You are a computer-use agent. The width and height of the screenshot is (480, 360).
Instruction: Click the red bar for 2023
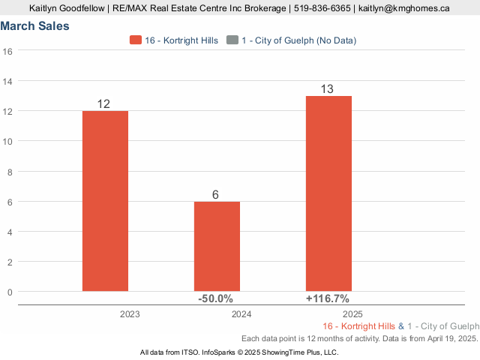tap(105, 201)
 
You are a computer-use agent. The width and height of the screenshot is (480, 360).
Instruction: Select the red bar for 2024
tap(217, 246)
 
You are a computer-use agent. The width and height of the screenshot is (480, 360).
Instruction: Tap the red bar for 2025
tap(328, 193)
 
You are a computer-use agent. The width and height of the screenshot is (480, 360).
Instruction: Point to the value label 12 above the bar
tap(104, 103)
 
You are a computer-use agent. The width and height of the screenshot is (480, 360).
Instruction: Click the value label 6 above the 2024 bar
tap(215, 195)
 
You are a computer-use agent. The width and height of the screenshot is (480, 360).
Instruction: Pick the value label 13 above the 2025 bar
tap(328, 89)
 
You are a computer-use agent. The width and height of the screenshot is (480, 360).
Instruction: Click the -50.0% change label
tap(215, 298)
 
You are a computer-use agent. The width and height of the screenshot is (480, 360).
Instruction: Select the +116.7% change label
tap(327, 298)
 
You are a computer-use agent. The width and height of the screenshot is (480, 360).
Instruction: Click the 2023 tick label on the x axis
tap(130, 314)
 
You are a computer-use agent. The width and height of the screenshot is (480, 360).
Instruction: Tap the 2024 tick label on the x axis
tap(241, 314)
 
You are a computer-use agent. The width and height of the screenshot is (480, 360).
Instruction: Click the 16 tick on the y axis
tap(8, 51)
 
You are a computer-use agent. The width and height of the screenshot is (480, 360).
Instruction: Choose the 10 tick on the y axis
tap(8, 141)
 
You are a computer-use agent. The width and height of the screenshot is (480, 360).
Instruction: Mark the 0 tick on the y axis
tap(10, 292)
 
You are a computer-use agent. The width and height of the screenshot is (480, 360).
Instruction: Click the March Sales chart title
tap(35, 26)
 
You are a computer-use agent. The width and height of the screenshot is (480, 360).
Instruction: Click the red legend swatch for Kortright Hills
tap(136, 40)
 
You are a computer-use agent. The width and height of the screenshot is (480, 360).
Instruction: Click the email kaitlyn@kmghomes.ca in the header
tap(403, 8)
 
